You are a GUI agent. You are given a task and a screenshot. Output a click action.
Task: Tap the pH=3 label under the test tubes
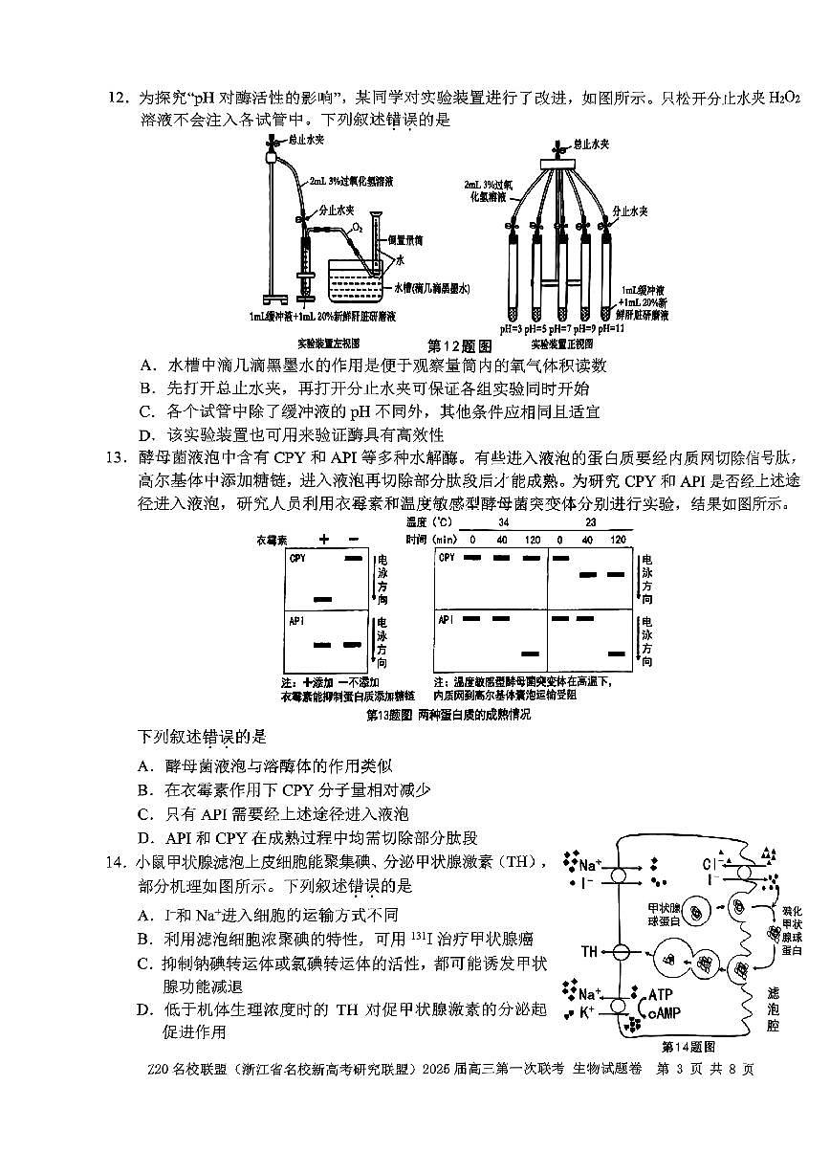513,328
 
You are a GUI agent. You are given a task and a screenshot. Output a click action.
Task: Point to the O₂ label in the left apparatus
357,229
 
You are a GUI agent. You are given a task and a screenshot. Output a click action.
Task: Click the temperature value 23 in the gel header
590,522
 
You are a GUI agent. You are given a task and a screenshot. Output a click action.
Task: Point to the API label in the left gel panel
295,622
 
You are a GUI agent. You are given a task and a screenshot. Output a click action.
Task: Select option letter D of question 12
147,433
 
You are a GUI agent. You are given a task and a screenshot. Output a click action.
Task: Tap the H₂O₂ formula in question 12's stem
784,99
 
